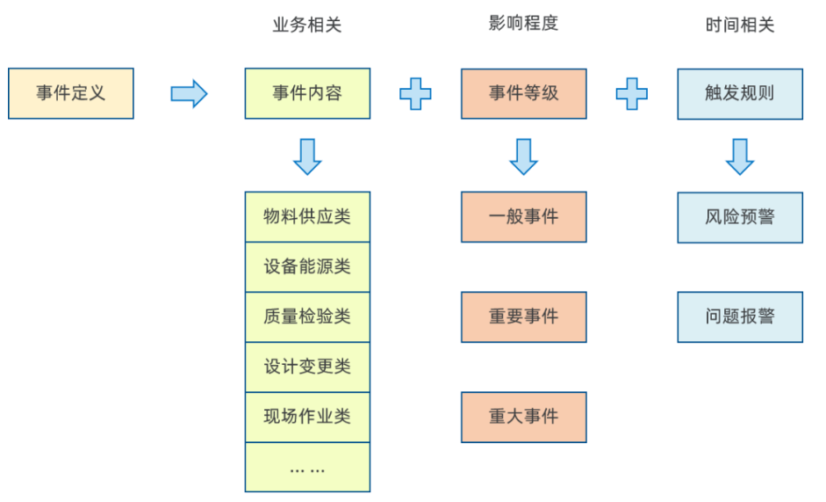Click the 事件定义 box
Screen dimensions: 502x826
71,93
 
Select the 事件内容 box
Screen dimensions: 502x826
307,93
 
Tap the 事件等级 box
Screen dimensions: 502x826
523,93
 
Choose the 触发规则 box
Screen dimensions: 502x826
740,93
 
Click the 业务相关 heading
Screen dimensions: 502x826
307,25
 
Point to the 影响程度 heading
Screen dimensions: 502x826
523,24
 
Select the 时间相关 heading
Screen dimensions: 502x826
740,25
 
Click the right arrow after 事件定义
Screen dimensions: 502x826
189,93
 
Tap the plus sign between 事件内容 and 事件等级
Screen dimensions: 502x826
415,93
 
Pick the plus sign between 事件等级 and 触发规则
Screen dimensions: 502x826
631,93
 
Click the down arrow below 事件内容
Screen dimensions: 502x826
307,156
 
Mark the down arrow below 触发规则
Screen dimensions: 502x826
740,156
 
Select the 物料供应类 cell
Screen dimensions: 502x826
307,216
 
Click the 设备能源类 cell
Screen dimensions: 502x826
307,266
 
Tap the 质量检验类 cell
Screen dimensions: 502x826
307,316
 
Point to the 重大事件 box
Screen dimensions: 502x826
523,417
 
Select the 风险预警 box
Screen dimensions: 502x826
740,217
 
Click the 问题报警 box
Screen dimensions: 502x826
740,316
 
